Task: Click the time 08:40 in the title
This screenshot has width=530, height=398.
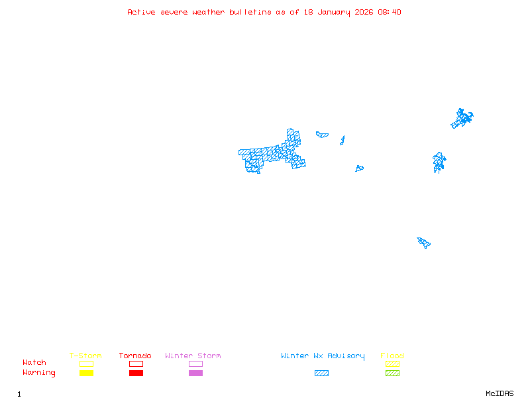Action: (390, 12)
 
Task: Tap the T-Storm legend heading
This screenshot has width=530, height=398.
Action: (85, 356)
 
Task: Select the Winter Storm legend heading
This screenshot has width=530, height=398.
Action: (193, 356)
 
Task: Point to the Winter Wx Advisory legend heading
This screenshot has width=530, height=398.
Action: (323, 356)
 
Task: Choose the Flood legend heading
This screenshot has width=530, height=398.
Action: (392, 356)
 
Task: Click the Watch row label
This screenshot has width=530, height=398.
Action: (34, 363)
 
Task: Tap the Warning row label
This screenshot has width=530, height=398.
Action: (39, 373)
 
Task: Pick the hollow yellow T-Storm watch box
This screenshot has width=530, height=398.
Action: (86, 364)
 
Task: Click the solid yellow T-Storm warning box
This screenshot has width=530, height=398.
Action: (86, 373)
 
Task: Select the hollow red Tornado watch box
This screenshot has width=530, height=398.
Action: (136, 364)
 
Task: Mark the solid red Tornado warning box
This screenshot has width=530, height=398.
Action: (136, 373)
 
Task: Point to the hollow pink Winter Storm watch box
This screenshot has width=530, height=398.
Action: (195, 364)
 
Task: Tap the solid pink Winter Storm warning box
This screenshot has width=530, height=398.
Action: (195, 373)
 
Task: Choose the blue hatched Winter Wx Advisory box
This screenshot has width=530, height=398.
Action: (321, 373)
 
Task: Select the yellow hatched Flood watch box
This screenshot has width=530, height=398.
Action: (392, 364)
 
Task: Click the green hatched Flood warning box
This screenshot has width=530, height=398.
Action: (392, 373)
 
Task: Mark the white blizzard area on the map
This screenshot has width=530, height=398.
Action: (272, 151)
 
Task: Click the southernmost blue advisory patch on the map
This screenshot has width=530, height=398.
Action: (424, 242)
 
